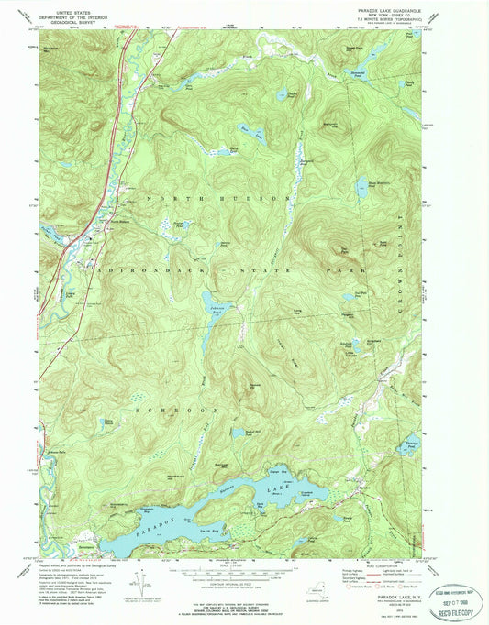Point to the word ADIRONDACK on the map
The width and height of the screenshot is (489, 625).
pos(128,272)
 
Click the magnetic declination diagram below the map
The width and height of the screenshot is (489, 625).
pos(139,586)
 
